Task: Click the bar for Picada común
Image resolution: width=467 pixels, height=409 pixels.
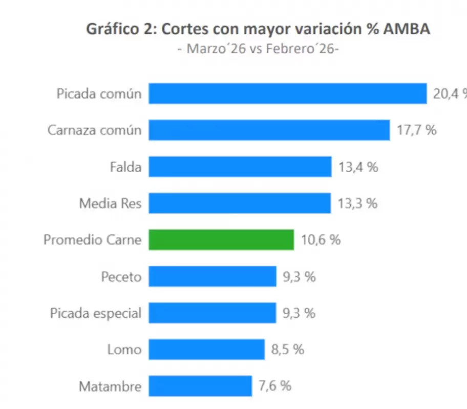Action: pos(287,94)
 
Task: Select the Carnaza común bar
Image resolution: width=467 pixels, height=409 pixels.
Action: pos(269,130)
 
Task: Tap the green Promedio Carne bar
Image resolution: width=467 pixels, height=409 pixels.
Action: pos(221,240)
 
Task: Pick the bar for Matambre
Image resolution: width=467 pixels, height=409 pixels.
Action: pos(200,386)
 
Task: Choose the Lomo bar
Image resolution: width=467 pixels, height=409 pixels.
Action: pos(206,350)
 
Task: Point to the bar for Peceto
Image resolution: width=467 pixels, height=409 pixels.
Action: pos(213,277)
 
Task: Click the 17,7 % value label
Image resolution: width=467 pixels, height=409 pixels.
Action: pos(416,130)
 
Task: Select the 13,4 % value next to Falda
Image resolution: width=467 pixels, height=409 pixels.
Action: pos(358,167)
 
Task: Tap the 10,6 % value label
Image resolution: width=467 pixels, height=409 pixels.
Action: pos(321,240)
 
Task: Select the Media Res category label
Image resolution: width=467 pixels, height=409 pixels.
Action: pos(110,203)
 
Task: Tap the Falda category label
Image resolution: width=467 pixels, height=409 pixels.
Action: pos(125,167)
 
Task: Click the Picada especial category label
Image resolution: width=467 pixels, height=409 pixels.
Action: pos(95,313)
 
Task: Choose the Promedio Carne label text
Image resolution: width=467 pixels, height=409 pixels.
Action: pos(92,240)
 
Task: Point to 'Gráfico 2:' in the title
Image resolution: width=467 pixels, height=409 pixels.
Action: pos(121,30)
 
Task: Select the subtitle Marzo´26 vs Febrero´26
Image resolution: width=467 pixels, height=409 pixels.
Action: pos(258,49)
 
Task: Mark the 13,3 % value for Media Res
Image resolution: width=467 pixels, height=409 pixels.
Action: pos(357,203)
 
